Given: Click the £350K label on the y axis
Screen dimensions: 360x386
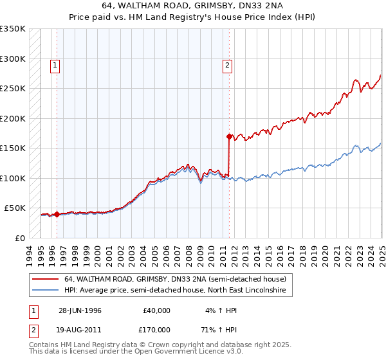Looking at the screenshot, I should [x=13, y=29].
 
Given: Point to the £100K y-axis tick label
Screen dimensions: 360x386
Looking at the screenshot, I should [x=13, y=178].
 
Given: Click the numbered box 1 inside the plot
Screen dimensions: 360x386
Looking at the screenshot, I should [x=55, y=64].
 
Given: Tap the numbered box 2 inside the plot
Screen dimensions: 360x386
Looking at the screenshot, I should [x=228, y=64].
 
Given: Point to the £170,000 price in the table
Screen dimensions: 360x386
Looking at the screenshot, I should [x=156, y=330].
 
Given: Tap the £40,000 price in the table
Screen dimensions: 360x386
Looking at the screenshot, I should [x=156, y=310].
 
